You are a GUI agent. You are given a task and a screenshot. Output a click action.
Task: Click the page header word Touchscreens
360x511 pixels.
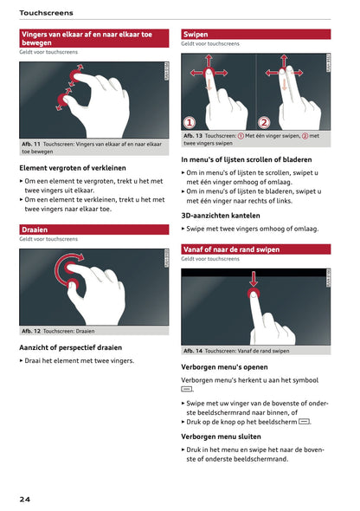click(x=46, y=13)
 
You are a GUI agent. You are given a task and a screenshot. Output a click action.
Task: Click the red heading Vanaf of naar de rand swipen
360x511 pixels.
click(x=231, y=249)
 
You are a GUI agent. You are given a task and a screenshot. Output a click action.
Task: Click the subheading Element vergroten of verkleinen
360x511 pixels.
click(x=73, y=167)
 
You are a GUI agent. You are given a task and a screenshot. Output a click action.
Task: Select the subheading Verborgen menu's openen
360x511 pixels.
click(x=224, y=366)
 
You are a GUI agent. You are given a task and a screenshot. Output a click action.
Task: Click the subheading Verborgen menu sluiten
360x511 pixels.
click(x=221, y=437)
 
